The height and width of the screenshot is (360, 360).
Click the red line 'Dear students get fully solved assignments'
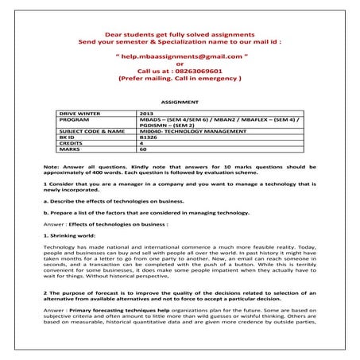(180, 35)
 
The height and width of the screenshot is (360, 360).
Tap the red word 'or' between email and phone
(180, 64)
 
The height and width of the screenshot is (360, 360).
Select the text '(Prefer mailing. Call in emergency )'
(180, 79)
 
